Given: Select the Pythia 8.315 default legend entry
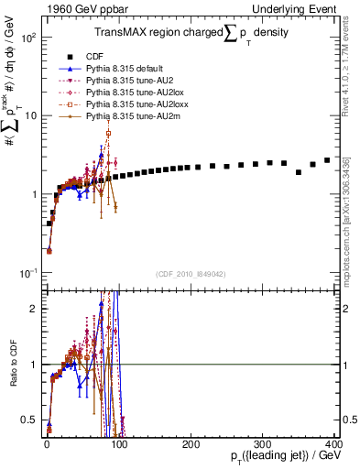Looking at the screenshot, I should pyautogui.click(x=127, y=69).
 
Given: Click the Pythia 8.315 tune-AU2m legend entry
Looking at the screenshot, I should pyautogui.click(x=131, y=116).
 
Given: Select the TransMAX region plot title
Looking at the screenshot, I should pyautogui.click(x=192, y=33).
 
